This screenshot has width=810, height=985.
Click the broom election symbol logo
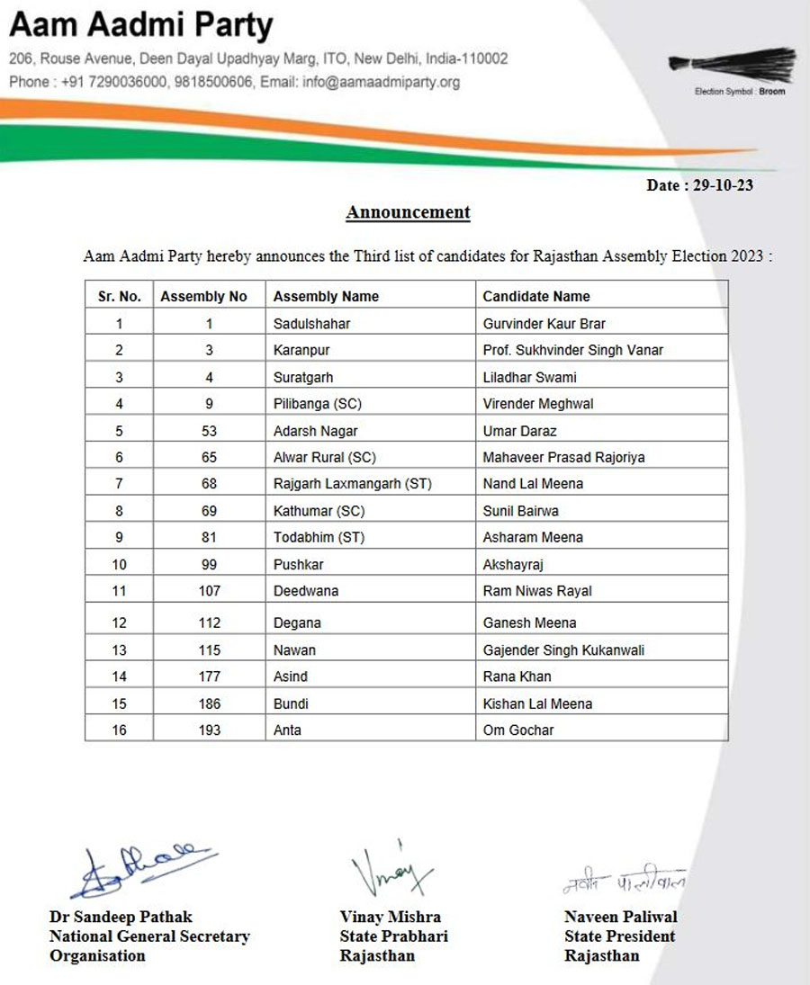tap(731, 67)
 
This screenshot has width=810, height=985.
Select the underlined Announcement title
tap(408, 213)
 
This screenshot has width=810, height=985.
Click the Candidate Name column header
tap(536, 296)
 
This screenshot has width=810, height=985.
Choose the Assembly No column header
tap(203, 296)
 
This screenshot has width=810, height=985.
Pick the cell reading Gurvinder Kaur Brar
tap(544, 323)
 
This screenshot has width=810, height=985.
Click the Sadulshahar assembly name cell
tap(311, 323)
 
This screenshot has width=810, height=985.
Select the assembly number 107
tap(210, 591)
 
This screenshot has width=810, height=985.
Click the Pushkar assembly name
tap(298, 564)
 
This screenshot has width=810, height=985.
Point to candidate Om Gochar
tap(518, 730)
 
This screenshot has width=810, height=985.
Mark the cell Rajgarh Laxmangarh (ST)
tap(353, 484)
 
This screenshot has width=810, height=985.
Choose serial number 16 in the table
tap(120, 730)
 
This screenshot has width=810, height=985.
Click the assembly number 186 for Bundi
tap(210, 703)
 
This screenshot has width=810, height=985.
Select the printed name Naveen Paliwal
tap(620, 917)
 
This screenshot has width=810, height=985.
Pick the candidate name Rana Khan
tap(517, 676)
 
